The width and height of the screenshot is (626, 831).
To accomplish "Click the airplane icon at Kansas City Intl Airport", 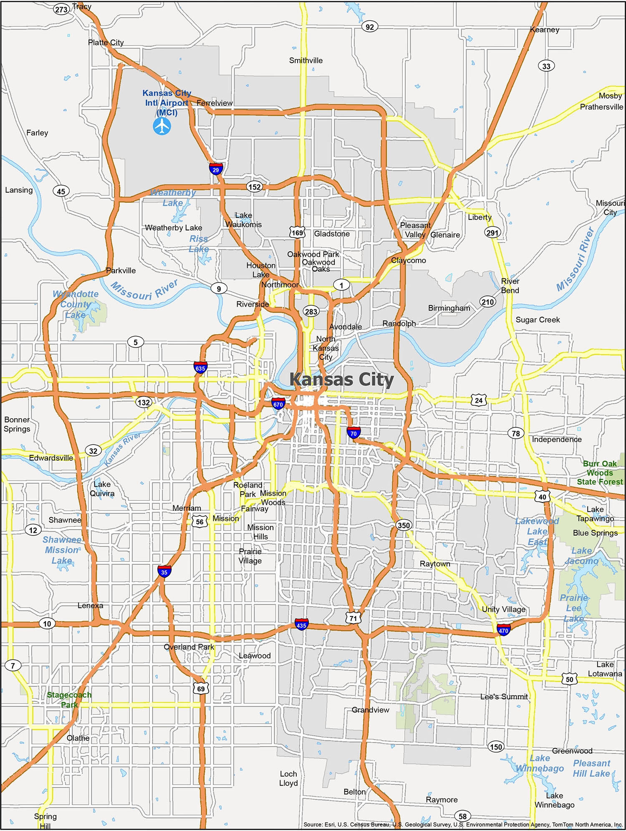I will coord(162,126).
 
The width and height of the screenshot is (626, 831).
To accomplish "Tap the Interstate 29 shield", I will coord(216,169).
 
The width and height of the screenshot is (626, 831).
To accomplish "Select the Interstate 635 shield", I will coord(200,368).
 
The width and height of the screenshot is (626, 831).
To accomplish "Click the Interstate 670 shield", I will coord(278,404).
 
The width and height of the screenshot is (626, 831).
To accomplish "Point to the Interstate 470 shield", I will coord(503,630).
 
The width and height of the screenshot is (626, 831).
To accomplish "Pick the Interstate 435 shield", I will coord(301,624).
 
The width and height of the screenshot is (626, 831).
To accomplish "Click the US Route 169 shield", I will coord(297,232).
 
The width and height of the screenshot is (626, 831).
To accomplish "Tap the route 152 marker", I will coord(255,187).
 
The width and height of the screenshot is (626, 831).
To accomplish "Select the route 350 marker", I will coord(404,525).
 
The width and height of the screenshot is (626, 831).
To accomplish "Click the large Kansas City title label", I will coord(342,380).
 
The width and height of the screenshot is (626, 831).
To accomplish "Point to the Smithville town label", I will coord(306,61).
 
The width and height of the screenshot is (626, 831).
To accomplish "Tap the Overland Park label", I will coord(189,647).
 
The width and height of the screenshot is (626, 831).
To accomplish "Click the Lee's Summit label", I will coord(504,697).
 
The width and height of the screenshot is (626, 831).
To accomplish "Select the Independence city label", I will coord(556,439).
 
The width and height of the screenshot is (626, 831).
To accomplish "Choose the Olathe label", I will coord(78,738).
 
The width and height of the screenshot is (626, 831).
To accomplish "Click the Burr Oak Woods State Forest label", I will coord(600,472).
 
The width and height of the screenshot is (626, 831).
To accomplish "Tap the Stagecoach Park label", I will coord(69,700).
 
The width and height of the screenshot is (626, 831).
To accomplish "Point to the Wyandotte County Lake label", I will coord(76,304).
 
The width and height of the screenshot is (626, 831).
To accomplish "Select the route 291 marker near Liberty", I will coord(492,232).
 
